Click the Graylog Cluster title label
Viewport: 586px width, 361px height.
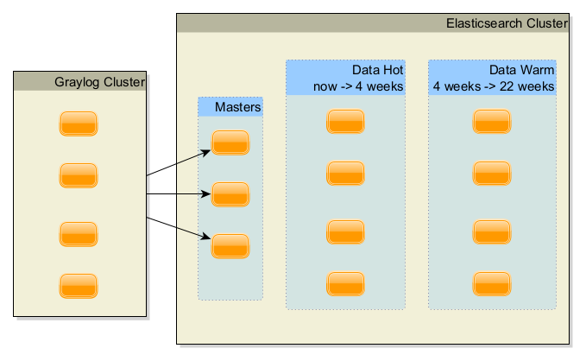pyautogui.click(x=100, y=82)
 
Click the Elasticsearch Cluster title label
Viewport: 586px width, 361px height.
pyautogui.click(x=507, y=23)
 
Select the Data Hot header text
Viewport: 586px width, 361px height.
pyautogui.click(x=377, y=70)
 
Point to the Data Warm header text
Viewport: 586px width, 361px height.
pyautogui.click(x=521, y=70)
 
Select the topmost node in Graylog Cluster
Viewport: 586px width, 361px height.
pyautogui.click(x=79, y=123)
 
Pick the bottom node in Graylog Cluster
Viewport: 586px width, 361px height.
pyautogui.click(x=79, y=286)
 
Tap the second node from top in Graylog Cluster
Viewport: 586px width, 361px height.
pyautogui.click(x=79, y=175)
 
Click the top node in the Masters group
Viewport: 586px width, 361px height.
pyautogui.click(x=230, y=142)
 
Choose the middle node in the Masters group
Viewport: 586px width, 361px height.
pyautogui.click(x=230, y=194)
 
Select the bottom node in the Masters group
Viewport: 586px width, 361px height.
pyautogui.click(x=230, y=246)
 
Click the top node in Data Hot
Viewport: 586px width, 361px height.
pyautogui.click(x=346, y=122)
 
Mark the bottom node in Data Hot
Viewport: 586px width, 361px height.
pyautogui.click(x=346, y=283)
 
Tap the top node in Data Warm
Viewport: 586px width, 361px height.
pyautogui.click(x=492, y=122)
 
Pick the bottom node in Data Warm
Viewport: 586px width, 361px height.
pyautogui.click(x=492, y=283)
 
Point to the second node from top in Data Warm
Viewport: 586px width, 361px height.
pyautogui.click(x=492, y=174)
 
